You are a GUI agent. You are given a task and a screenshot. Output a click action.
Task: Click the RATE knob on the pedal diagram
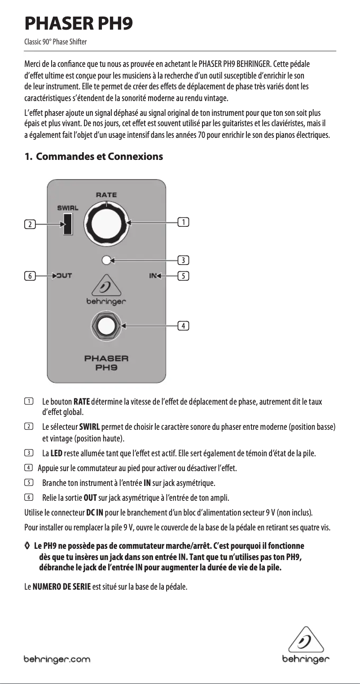click(x=107, y=222)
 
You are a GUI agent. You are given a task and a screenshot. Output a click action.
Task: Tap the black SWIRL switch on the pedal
click(x=68, y=223)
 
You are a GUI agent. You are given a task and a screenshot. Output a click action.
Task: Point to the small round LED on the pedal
click(x=106, y=260)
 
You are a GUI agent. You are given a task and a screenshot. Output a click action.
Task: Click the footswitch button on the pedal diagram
click(x=106, y=325)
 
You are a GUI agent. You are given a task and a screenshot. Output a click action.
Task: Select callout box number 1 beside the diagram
click(x=183, y=221)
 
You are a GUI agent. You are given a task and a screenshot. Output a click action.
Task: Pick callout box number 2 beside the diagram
click(x=30, y=224)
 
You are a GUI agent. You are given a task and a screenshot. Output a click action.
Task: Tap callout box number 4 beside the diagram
click(x=183, y=325)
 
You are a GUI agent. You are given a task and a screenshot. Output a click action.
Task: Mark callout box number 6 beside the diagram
click(x=30, y=276)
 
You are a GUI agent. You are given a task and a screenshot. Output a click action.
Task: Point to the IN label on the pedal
click(x=153, y=276)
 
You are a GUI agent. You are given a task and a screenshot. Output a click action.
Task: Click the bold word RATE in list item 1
click(x=82, y=401)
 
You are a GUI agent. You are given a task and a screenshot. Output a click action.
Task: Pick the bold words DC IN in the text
click(x=95, y=512)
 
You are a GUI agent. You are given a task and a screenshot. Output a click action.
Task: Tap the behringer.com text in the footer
click(x=57, y=659)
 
